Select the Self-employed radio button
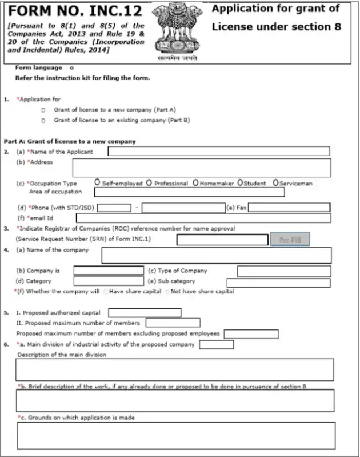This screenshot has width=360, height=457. coord(98,182)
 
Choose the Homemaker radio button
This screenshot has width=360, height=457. coord(195,183)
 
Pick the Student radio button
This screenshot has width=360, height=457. coord(240,182)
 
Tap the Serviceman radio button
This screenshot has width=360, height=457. coord(276,182)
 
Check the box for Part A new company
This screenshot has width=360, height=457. coord(43,109)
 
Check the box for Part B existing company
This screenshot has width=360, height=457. coord(43,120)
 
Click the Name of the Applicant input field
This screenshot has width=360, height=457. coord(219,152)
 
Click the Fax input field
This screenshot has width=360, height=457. coord(289,208)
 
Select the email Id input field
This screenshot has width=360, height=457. coord(203,218)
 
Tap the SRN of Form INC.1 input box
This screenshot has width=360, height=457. coord(222,240)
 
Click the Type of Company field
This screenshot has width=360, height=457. coord(283,271)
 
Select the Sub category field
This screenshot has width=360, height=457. coord(278,282)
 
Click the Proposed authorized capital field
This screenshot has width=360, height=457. coord(145,313)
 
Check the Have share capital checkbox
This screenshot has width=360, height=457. coord(105,292)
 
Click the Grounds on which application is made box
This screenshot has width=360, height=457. coord(176,435)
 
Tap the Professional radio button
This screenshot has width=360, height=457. coord(149,183)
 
